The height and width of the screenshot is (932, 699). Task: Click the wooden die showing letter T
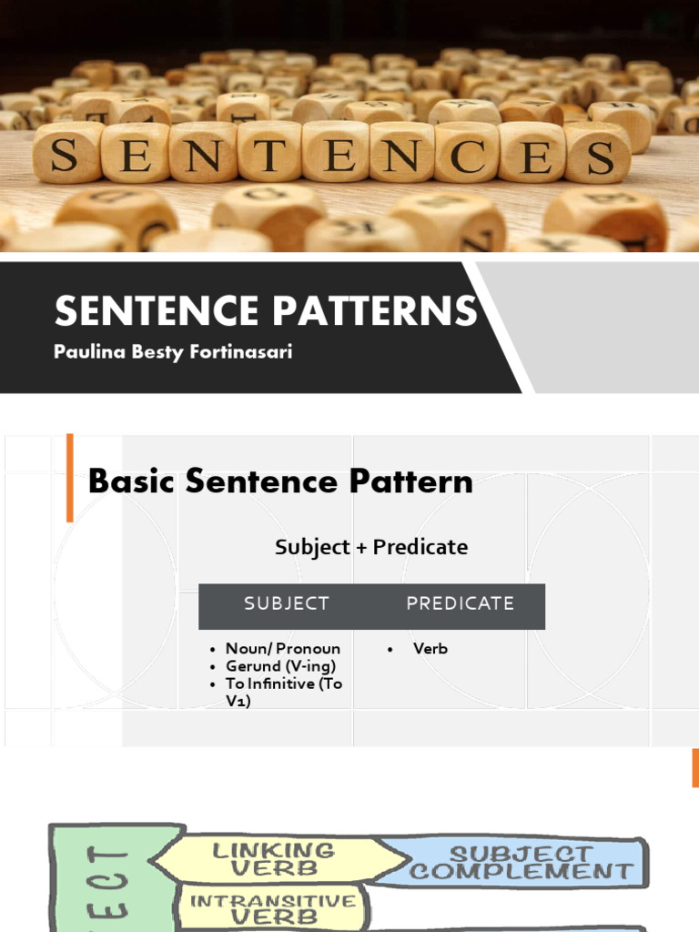click(x=269, y=152)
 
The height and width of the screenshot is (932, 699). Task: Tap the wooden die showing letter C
click(x=465, y=152)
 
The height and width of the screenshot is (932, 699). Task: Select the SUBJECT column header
click(x=287, y=603)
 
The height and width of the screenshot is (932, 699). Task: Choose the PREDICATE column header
click(x=460, y=603)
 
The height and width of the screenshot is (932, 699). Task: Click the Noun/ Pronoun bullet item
click(x=282, y=649)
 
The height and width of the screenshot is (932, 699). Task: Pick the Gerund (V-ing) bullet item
click(x=280, y=666)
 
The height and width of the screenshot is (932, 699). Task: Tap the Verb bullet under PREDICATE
click(x=430, y=649)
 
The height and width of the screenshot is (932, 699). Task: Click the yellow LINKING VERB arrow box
click(x=273, y=859)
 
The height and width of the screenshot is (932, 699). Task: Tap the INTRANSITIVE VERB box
click(x=272, y=908)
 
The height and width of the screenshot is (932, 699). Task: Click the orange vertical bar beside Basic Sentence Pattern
click(x=70, y=478)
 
